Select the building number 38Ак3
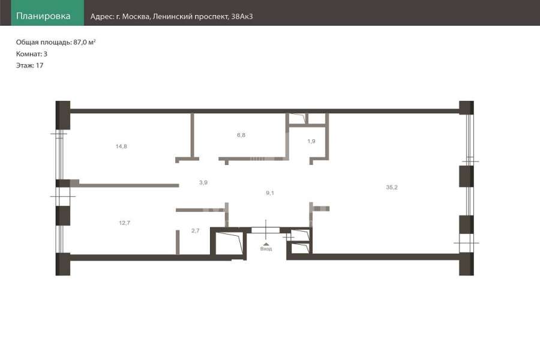242,17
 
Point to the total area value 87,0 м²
85,43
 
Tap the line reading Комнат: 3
32,54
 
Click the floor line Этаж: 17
29,65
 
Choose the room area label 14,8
121,146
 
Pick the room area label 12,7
124,223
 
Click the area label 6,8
241,135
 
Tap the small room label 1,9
311,141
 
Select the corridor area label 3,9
203,182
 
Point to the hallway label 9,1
270,193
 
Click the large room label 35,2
392,187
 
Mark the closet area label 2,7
195,231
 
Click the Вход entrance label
266,249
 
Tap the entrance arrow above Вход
266,244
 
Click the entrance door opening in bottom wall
266,230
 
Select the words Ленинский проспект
190,17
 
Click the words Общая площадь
43,43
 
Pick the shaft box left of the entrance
228,243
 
